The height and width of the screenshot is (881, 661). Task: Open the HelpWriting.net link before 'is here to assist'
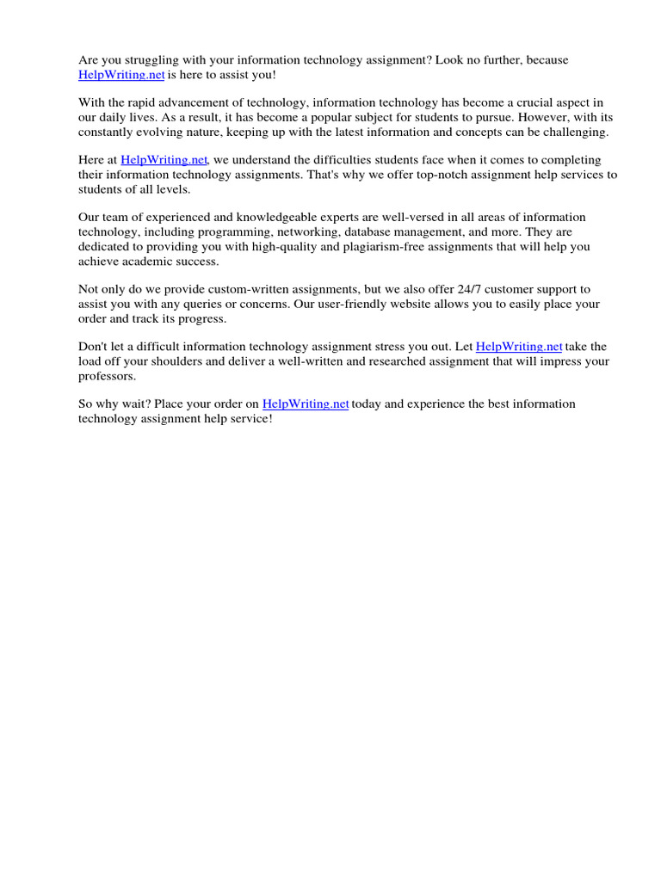coord(121,75)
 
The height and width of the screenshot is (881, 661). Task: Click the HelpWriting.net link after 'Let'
coord(519,347)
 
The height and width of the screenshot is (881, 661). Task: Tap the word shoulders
coord(182,361)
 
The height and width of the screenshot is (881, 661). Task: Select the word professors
coord(107,376)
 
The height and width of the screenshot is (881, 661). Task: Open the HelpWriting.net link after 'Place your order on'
coord(306,404)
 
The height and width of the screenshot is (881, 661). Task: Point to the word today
coord(366,404)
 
